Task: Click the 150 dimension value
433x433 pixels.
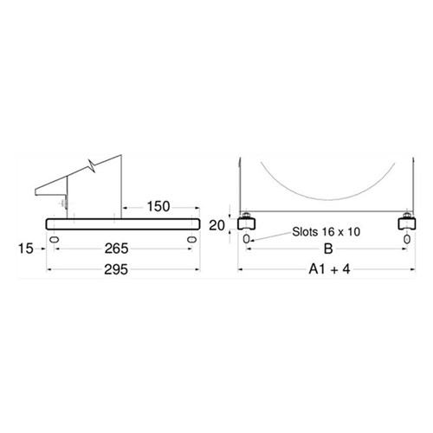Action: pos(158,206)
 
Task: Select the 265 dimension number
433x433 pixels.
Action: pos(116,249)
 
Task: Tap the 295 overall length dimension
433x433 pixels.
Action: pos(116,269)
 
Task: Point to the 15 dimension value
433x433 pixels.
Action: pos(26,249)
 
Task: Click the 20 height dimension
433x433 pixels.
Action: pos(216,225)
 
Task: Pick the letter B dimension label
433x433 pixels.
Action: pos(328,249)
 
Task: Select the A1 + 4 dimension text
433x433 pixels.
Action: pos(329,269)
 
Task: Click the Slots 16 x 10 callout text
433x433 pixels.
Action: pos(326,231)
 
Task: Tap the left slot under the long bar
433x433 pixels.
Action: pos(55,239)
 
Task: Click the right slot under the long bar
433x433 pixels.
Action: pos(191,239)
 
